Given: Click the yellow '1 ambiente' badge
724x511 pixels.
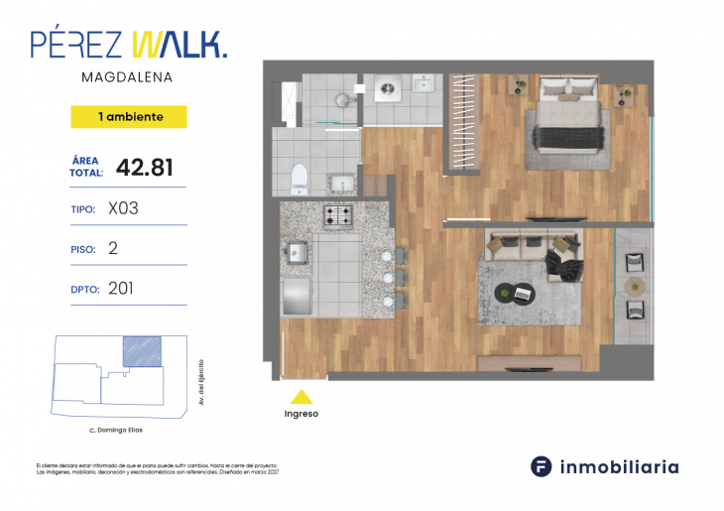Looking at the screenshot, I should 129,117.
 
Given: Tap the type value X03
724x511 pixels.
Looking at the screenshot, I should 123,209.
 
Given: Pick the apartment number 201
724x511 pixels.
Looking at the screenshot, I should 121,289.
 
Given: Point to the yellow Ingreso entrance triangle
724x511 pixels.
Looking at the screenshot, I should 301,396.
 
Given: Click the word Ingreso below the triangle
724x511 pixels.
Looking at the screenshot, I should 301,414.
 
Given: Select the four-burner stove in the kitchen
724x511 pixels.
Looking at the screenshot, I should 339,215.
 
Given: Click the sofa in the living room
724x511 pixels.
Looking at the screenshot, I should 527,244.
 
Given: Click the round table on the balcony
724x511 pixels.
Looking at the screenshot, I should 635,287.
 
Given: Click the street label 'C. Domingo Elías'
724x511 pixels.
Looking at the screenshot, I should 115,430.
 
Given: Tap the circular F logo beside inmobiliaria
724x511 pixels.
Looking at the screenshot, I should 542,466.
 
